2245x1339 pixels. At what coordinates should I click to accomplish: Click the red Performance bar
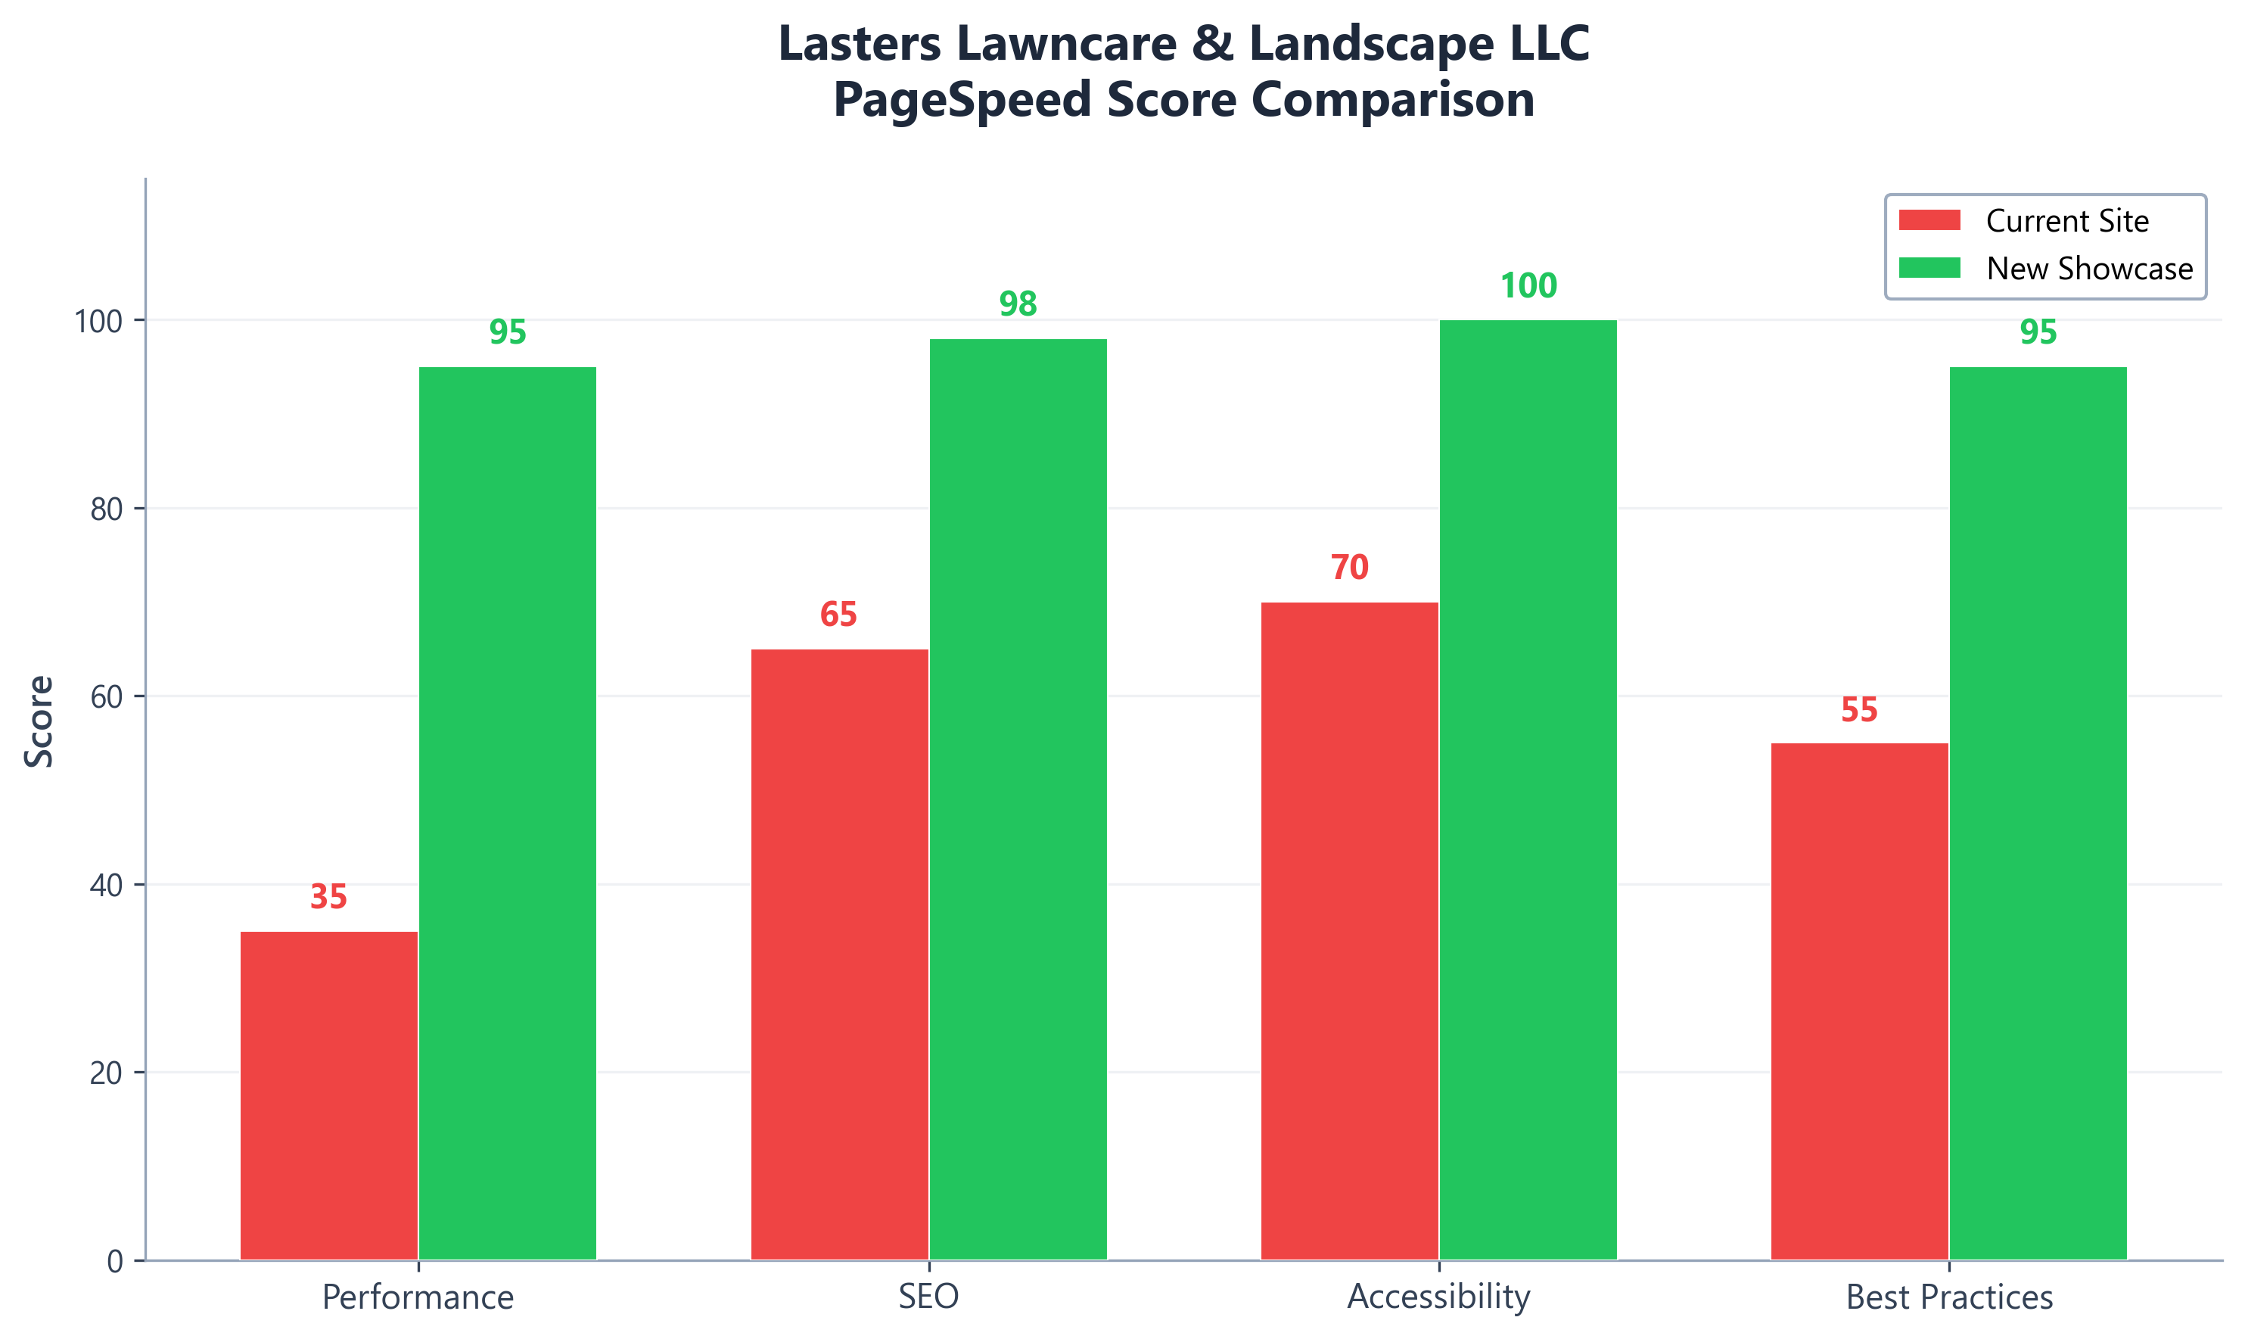(329, 1095)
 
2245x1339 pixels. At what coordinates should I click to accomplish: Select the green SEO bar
(1018, 799)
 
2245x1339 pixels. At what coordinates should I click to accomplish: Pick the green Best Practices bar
(2038, 813)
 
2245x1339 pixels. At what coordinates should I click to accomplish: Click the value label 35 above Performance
(328, 897)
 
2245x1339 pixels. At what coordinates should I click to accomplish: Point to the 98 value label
(1018, 304)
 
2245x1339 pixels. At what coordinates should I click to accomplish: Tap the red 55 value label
(1859, 710)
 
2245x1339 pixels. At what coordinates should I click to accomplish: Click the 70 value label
(1349, 568)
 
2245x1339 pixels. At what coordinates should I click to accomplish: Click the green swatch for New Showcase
(1929, 268)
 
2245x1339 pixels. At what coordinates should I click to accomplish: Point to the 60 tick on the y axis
(107, 696)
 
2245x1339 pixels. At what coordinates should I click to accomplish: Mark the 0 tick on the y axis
(116, 1261)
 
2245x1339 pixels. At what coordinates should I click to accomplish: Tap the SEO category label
(928, 1297)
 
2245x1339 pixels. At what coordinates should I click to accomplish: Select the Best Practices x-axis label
(1949, 1297)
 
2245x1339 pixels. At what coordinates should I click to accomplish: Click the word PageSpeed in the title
(963, 99)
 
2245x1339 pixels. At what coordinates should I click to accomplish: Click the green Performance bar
(508, 813)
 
